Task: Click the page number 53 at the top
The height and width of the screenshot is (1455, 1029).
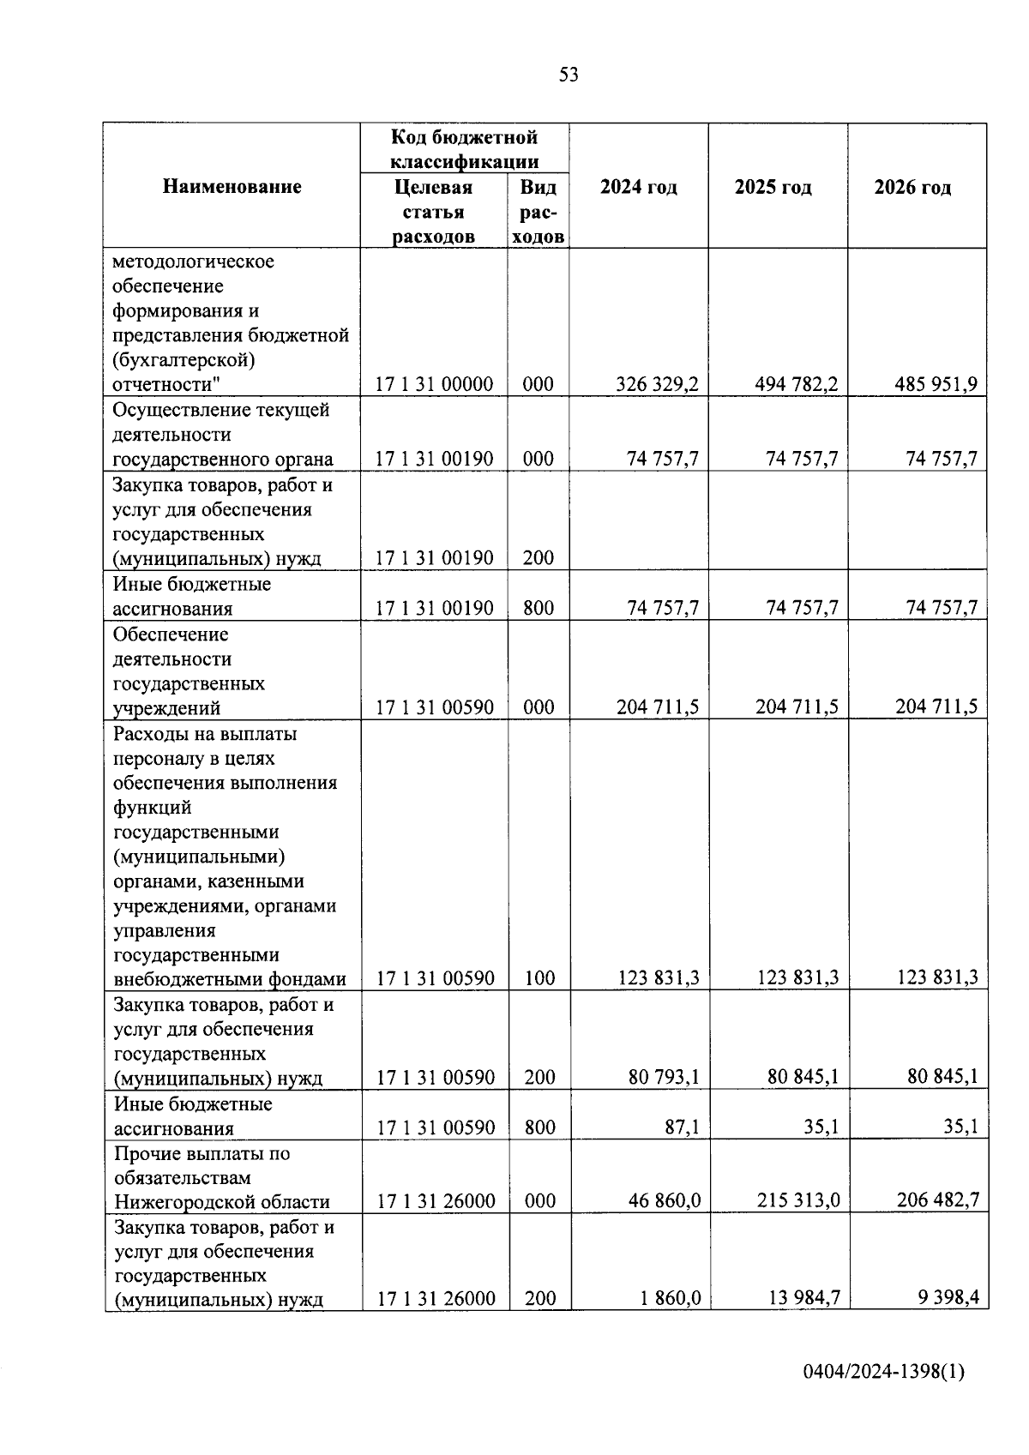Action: (569, 75)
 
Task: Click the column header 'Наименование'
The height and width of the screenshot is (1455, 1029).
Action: (232, 187)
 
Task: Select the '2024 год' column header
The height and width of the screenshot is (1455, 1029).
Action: (639, 187)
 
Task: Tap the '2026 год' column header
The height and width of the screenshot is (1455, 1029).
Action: (912, 187)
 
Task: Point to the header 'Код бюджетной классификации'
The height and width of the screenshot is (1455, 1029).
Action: (464, 149)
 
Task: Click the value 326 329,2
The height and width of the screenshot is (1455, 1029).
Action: (657, 384)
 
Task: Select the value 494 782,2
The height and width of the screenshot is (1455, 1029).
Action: (796, 384)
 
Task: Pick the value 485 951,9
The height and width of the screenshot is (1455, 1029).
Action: (936, 384)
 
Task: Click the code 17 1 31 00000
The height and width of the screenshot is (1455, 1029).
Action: (435, 384)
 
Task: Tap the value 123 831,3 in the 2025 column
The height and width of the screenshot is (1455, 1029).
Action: (797, 977)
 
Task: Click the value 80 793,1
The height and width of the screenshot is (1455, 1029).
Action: (664, 1077)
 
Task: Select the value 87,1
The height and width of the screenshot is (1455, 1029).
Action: (683, 1127)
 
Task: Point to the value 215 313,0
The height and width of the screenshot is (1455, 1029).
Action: (798, 1200)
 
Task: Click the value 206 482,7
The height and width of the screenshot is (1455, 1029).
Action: (938, 1200)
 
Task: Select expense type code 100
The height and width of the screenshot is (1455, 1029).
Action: (539, 978)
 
